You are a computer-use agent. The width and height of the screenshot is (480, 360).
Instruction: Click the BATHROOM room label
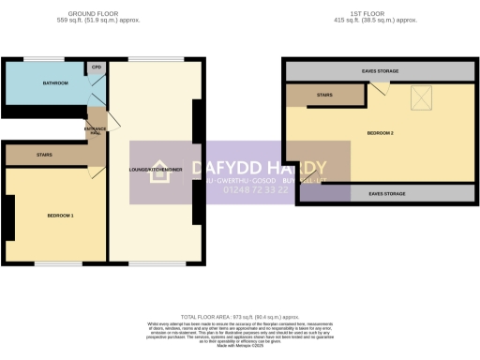point(54,83)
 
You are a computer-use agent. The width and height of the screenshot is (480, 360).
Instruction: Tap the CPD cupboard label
point(96,67)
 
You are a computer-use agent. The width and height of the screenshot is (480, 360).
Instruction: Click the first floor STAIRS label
point(324,94)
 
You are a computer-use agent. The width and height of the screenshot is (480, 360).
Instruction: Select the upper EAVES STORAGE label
point(378,69)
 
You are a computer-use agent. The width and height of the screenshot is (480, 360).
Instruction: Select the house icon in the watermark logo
point(146,170)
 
